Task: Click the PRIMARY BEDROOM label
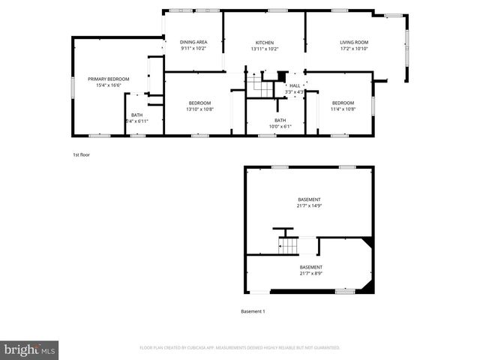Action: [x=108, y=79]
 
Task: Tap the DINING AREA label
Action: [x=193, y=42]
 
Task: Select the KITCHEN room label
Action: [x=264, y=43]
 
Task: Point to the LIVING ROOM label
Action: [x=353, y=43]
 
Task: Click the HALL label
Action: [x=295, y=85]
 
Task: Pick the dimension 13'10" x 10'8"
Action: [x=199, y=109]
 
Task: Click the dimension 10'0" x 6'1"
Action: [x=279, y=126]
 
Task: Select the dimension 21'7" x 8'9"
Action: [x=310, y=273]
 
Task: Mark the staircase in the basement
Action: [x=289, y=245]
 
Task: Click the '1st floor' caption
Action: [x=80, y=154]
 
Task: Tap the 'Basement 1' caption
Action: [x=253, y=311]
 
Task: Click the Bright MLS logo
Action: [x=30, y=349]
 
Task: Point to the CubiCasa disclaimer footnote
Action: [x=239, y=348]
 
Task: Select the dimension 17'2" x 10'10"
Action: [x=353, y=49]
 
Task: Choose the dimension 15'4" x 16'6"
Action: [x=108, y=85]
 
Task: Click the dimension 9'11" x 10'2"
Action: [x=193, y=49]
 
